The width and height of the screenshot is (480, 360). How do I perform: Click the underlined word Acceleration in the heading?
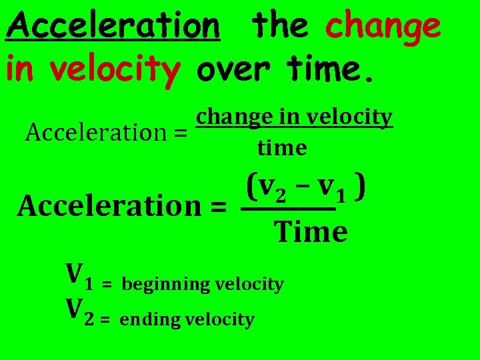click(x=113, y=27)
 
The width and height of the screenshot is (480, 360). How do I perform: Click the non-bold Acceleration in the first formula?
click(x=98, y=133)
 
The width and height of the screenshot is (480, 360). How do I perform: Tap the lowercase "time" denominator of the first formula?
click(x=282, y=147)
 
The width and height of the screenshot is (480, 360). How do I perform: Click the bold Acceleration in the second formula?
click(x=111, y=205)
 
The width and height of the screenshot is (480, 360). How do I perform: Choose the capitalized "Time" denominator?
click(x=311, y=232)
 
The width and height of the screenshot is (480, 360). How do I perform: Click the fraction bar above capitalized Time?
click(x=287, y=210)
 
